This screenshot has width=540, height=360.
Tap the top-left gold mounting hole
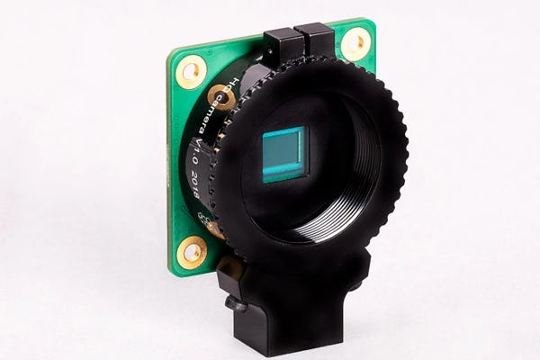tap(191, 71)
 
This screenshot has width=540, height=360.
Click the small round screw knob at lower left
tap(237, 305)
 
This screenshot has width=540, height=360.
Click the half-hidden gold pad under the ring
tap(214, 229)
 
